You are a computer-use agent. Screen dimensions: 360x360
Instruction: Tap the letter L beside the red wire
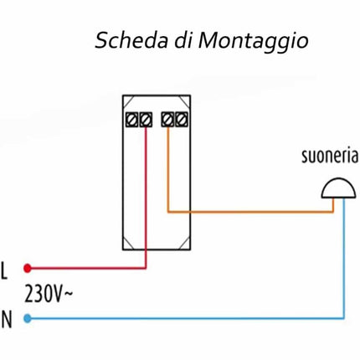6,270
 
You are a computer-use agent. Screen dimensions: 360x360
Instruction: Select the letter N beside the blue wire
7,318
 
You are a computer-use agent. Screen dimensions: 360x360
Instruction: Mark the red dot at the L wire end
28,269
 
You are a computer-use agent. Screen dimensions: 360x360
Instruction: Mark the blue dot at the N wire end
28,318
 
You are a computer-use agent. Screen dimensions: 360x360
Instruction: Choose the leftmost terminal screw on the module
132,119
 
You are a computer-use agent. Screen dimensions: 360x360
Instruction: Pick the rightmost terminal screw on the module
181,119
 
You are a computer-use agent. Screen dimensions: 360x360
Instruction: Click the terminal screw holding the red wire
146,119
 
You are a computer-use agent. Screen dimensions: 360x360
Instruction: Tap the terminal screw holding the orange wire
168,119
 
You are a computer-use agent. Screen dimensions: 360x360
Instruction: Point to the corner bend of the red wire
147,269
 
